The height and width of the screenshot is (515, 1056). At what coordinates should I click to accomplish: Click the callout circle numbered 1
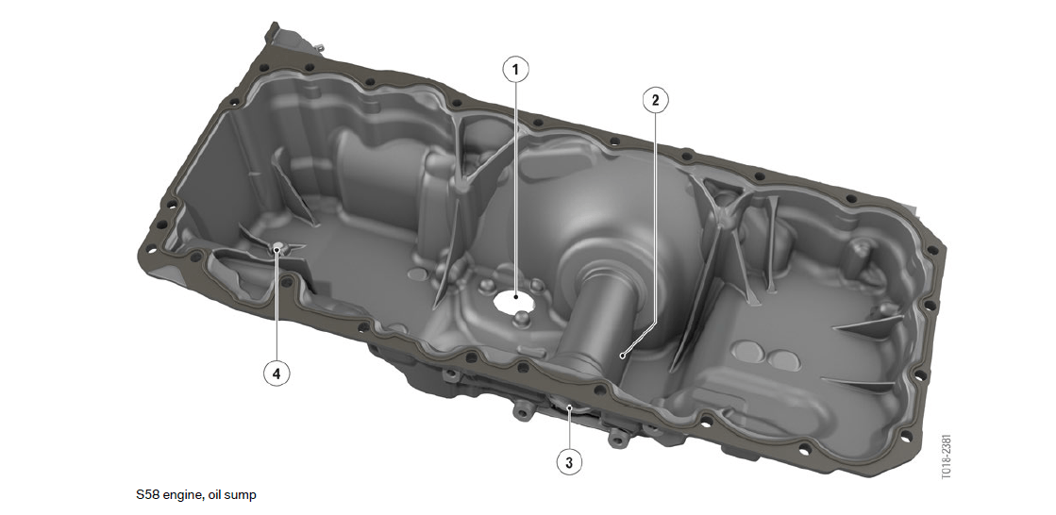(x=516, y=70)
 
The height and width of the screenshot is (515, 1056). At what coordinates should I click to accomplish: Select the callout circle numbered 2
(x=655, y=100)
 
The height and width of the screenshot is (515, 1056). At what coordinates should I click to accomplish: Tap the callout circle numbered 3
(x=570, y=462)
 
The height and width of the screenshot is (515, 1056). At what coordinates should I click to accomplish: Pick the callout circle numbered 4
(x=277, y=373)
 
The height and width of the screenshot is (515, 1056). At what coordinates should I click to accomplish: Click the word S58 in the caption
(x=147, y=495)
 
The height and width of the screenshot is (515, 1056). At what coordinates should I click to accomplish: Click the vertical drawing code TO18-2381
(x=946, y=456)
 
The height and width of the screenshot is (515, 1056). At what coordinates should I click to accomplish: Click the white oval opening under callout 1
(x=515, y=301)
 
